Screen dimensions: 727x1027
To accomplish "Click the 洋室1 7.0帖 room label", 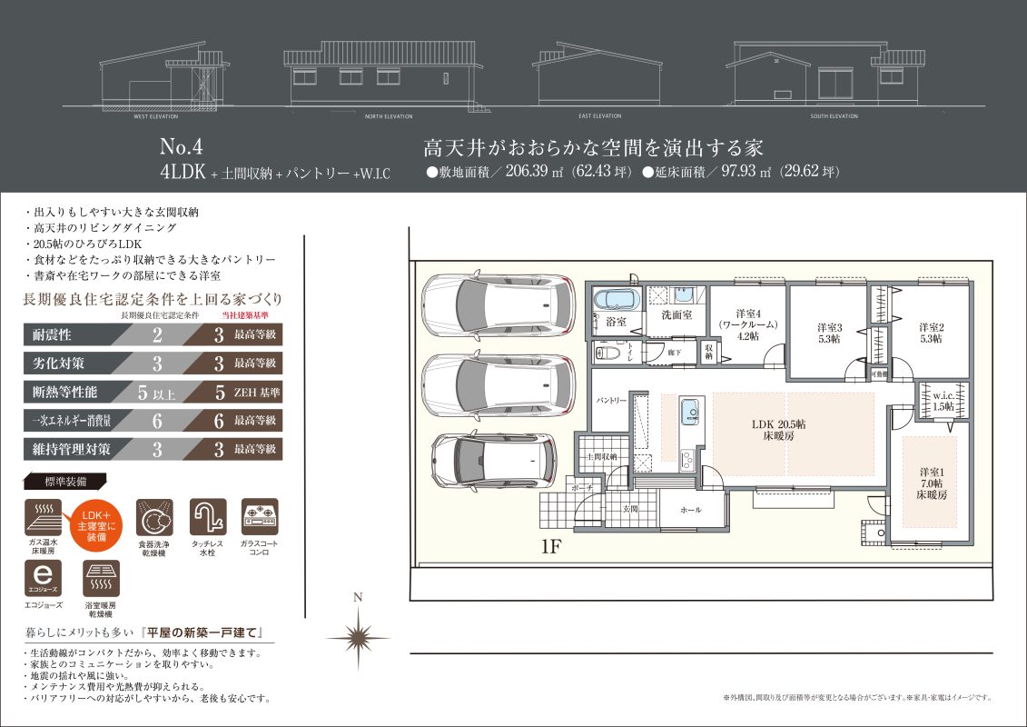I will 931,483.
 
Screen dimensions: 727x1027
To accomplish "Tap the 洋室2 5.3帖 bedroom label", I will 930,333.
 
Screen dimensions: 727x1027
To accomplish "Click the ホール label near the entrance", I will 691,510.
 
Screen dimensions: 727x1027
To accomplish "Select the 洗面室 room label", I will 676,315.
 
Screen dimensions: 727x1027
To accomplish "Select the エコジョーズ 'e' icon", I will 47,576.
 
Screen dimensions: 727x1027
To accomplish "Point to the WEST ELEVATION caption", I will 154,117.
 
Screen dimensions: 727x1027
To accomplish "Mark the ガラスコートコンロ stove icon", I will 260,517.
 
